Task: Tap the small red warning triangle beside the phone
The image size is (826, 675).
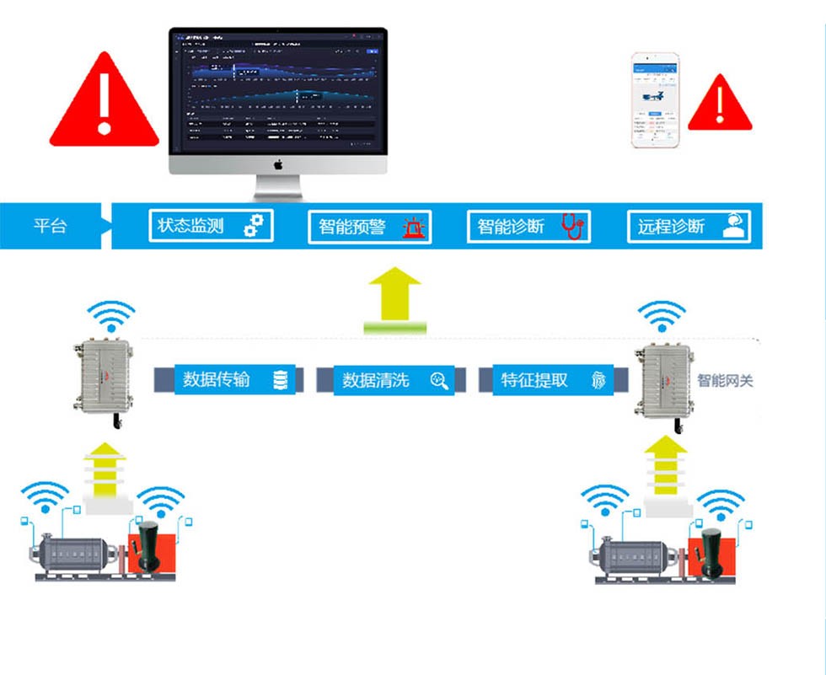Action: [719, 105]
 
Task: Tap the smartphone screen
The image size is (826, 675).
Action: [656, 102]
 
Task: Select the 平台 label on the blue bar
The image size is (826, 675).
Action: [50, 226]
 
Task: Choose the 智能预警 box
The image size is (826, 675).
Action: [369, 227]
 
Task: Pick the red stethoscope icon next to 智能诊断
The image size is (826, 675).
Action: [572, 226]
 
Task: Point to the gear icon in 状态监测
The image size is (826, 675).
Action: [254, 226]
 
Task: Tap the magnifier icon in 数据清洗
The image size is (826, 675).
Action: [439, 380]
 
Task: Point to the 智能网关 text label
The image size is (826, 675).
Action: [725, 381]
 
